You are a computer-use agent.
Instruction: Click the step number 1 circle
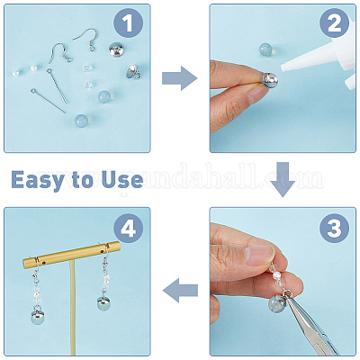click(x=128, y=23)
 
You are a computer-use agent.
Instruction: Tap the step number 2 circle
click(x=334, y=23)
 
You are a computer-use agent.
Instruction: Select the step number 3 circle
click(x=334, y=229)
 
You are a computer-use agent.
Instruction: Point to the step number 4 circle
click(x=128, y=229)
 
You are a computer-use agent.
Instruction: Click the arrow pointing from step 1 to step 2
click(x=179, y=78)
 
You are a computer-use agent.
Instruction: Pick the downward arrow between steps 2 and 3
click(x=283, y=179)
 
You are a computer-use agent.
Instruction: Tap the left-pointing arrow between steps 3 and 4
click(x=180, y=290)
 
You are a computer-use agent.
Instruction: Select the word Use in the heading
click(x=122, y=179)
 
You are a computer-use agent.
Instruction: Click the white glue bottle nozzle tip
click(x=283, y=68)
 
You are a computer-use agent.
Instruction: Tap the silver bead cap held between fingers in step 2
click(x=270, y=80)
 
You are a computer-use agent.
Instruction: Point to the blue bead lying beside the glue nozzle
click(x=265, y=49)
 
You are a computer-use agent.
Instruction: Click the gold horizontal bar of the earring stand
click(x=71, y=255)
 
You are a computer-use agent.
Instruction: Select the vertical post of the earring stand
click(x=73, y=309)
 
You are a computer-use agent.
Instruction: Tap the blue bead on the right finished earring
click(x=103, y=303)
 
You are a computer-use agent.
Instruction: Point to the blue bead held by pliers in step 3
click(x=277, y=303)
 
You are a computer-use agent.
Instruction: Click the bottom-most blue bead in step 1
click(x=81, y=121)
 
